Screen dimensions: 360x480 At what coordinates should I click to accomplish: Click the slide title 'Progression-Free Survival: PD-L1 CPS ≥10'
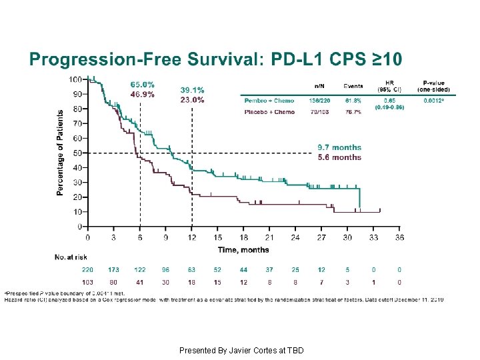point(215,60)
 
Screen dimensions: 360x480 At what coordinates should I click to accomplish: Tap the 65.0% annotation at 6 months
point(142,85)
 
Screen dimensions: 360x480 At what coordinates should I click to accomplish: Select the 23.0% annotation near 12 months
point(192,100)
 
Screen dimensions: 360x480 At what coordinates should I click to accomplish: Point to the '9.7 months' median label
point(339,147)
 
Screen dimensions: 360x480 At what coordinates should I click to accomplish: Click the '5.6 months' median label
point(339,157)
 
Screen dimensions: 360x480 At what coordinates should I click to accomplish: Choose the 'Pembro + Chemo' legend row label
point(269,101)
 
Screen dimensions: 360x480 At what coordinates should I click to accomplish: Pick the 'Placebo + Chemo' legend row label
point(269,112)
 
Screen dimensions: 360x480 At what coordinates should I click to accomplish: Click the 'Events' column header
point(353,86)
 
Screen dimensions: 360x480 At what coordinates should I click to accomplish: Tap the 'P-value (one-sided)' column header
point(433,86)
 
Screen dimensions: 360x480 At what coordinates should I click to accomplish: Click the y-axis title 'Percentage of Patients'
point(61,153)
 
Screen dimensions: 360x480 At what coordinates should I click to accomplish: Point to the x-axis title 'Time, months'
point(243,250)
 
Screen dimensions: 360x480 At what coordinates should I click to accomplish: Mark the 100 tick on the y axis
point(75,79)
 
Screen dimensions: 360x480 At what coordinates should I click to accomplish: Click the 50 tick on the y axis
point(77,153)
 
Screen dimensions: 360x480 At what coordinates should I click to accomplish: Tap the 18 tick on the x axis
point(243,237)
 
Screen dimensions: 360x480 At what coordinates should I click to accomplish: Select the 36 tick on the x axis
point(399,237)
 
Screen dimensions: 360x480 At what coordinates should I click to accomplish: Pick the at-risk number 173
point(114,270)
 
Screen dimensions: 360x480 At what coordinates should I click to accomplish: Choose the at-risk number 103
point(87,282)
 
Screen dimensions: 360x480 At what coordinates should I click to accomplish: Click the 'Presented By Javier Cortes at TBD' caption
point(241,350)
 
